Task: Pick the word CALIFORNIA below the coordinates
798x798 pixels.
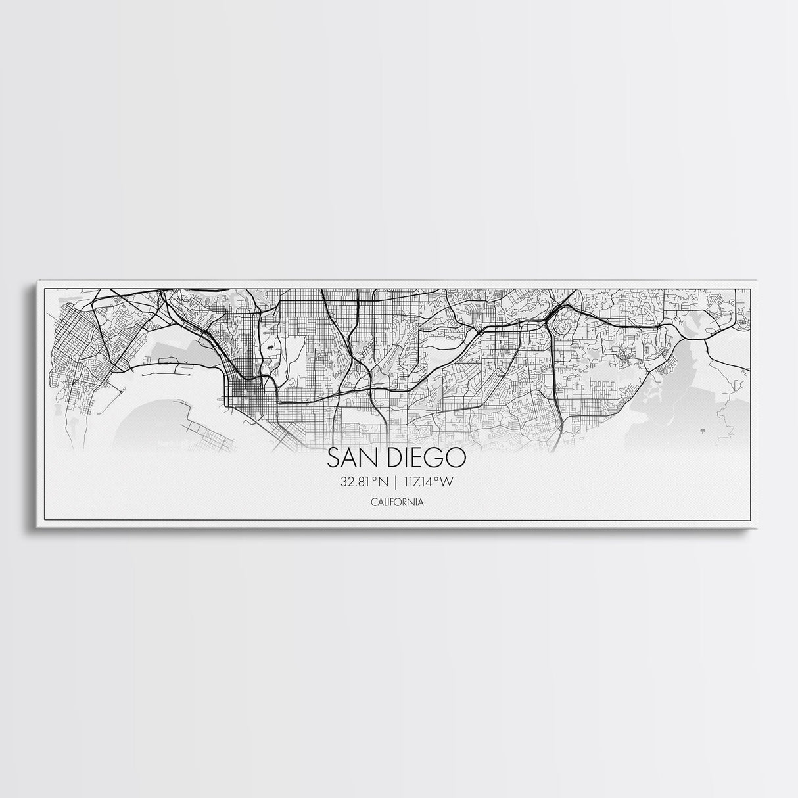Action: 396,502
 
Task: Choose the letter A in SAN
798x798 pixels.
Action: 352,458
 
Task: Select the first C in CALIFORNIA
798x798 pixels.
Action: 373,502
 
